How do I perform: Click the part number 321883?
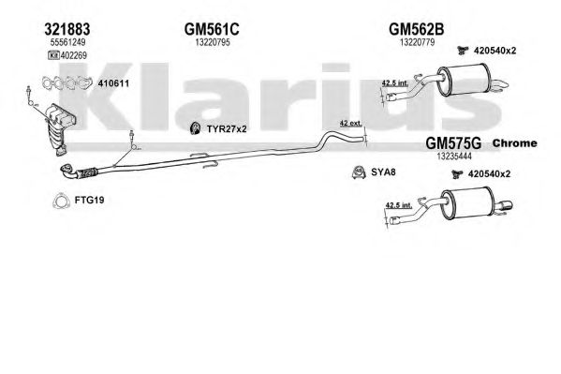(x=67, y=29)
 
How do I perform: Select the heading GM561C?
(x=212, y=29)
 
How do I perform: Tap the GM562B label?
(x=417, y=29)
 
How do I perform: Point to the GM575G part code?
(x=453, y=143)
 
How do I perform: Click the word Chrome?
(x=515, y=142)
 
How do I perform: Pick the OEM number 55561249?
(x=68, y=42)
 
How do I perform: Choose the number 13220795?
(x=213, y=42)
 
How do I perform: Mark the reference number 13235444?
(x=454, y=157)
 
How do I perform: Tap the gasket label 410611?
(x=113, y=83)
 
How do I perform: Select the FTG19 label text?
(x=90, y=200)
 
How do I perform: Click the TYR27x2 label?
(x=227, y=129)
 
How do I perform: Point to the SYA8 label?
(x=383, y=172)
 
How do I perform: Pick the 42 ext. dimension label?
(x=350, y=123)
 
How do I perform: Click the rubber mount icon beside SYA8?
(x=359, y=172)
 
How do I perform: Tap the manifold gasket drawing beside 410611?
(x=66, y=83)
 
